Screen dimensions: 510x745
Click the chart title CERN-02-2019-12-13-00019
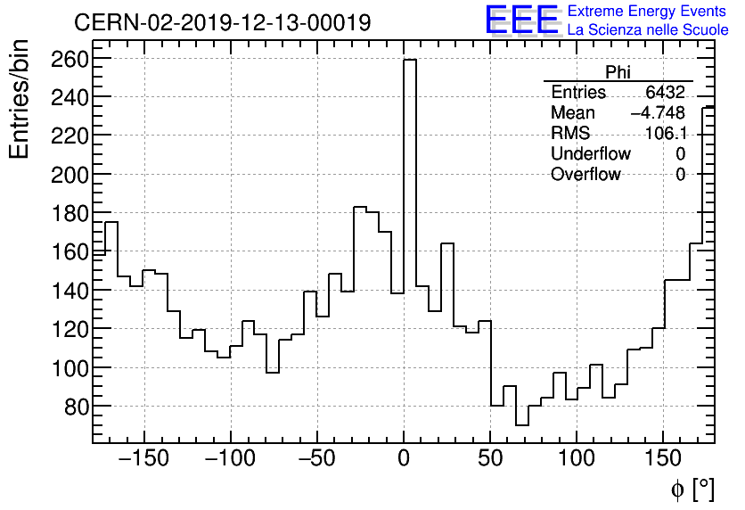pyautogui.click(x=223, y=23)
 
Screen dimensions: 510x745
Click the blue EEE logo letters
pyautogui.click(x=522, y=21)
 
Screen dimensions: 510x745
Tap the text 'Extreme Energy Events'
pyautogui.click(x=646, y=12)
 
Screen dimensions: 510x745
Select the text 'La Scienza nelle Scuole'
pyautogui.click(x=648, y=30)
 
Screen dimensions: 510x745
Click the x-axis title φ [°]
pyautogui.click(x=692, y=489)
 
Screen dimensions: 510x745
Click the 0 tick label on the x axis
pyautogui.click(x=404, y=460)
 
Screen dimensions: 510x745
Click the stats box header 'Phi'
pyautogui.click(x=618, y=73)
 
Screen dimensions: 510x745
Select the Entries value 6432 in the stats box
pyautogui.click(x=665, y=93)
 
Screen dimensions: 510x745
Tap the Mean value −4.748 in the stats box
pyautogui.click(x=658, y=113)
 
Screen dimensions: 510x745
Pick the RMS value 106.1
pyautogui.click(x=665, y=134)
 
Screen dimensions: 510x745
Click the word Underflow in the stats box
pyautogui.click(x=590, y=154)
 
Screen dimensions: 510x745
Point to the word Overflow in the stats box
pyautogui.click(x=585, y=175)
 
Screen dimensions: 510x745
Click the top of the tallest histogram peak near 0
pyautogui.click(x=410, y=61)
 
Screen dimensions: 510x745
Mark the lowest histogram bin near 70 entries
pyautogui.click(x=522, y=425)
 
